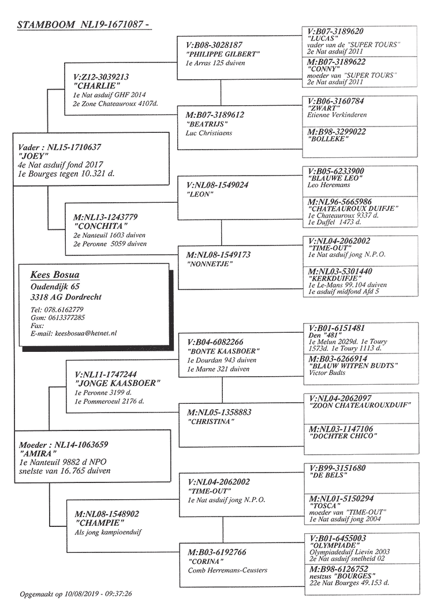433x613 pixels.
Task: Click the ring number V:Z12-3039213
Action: tap(101, 77)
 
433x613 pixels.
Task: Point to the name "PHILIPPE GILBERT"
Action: tap(223, 54)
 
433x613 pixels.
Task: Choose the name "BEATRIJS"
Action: tap(207, 124)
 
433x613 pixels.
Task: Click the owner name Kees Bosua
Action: tap(55, 275)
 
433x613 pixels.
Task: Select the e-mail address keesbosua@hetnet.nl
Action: tap(86, 333)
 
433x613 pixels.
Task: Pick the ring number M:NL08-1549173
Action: tap(218, 255)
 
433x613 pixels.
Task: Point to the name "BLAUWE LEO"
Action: tap(335, 178)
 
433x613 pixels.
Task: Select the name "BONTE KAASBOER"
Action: tap(223, 351)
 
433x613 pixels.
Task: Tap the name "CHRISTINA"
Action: tap(211, 421)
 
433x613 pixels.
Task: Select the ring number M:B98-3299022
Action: tap(337, 132)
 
